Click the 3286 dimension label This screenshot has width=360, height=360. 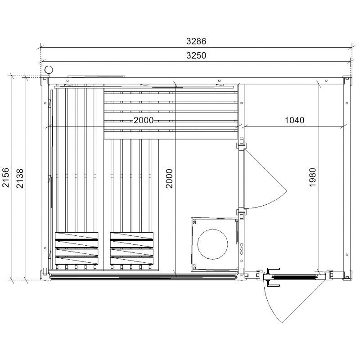coord(196,41)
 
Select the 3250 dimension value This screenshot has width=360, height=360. coord(196,55)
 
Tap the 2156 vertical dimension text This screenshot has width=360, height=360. coord(6,178)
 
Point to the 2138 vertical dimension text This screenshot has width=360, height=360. coord(20,178)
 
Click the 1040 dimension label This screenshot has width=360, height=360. coord(295,120)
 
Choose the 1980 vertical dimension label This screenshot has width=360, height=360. coord(313,177)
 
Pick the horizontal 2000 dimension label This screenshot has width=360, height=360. coord(144,120)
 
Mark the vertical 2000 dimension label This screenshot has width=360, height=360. coord(169,178)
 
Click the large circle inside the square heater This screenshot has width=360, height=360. coord(212,244)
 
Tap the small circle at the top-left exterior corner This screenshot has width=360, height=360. coord(49,69)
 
